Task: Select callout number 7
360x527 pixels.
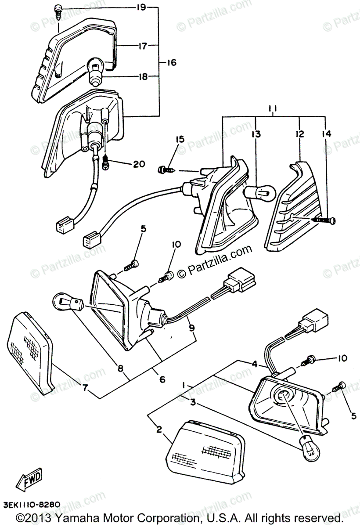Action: coord(85,388)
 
